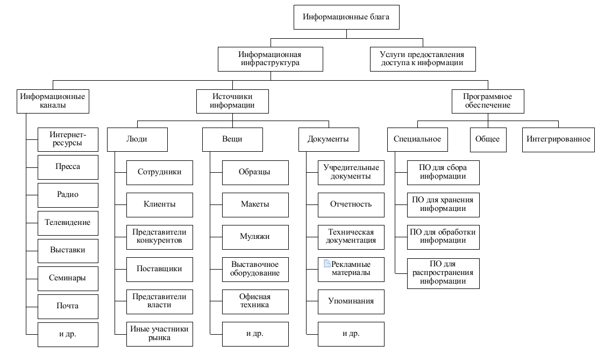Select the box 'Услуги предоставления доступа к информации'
click(x=422, y=59)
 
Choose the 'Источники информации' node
click(x=232, y=101)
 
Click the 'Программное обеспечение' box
click(x=487, y=101)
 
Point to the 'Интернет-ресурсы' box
click(x=68, y=139)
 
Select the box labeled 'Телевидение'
click(x=68, y=222)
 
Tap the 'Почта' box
click(x=68, y=306)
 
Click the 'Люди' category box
click(x=137, y=139)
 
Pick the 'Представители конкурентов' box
click(x=159, y=236)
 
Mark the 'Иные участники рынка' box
click(x=159, y=333)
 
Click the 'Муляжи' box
click(x=255, y=236)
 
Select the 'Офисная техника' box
click(x=255, y=301)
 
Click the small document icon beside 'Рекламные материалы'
click(x=326, y=264)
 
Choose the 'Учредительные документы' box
click(x=351, y=172)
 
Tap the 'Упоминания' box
click(x=351, y=301)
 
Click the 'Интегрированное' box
click(x=558, y=139)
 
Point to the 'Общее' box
click(x=487, y=139)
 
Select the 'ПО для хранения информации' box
click(x=443, y=204)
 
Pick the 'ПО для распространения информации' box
click(x=443, y=273)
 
